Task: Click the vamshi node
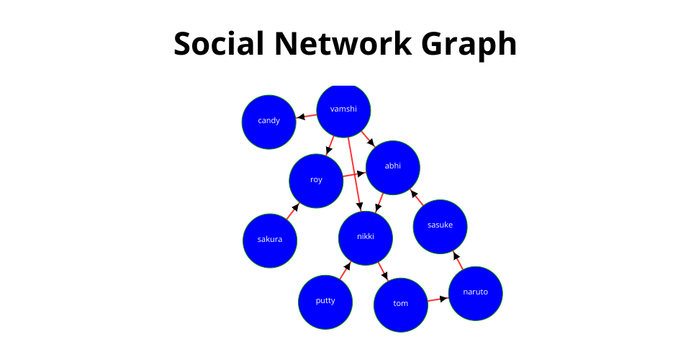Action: click(343, 110)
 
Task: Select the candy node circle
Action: click(268, 122)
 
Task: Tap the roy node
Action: click(316, 181)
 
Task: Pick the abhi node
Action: click(393, 168)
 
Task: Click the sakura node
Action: click(270, 240)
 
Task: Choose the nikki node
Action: click(366, 238)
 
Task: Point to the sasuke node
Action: click(440, 227)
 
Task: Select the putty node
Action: click(325, 302)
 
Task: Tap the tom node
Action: click(401, 305)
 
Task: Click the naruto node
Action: click(476, 294)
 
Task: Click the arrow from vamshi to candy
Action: click(307, 117)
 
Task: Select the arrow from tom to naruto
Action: click(438, 300)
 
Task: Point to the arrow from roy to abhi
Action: click(354, 174)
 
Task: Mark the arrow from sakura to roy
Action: click(293, 211)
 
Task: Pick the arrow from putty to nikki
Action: click(345, 271)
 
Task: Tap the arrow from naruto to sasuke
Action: click(458, 261)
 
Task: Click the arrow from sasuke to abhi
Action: click(417, 197)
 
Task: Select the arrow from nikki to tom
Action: click(383, 271)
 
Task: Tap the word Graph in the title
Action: click(469, 45)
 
